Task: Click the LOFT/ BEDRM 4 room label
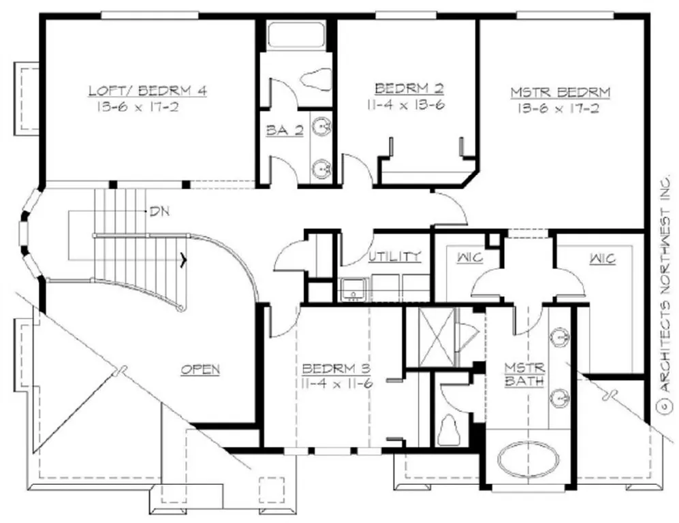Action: coord(147,91)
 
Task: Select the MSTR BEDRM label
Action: coord(560,92)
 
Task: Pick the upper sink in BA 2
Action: coord(321,127)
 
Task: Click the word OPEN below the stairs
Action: coord(200,369)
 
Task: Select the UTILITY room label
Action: coord(394,257)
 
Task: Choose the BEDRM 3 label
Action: coord(336,368)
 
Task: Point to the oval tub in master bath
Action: coord(528,461)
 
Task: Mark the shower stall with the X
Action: coord(435,337)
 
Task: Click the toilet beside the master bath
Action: coord(450,427)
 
